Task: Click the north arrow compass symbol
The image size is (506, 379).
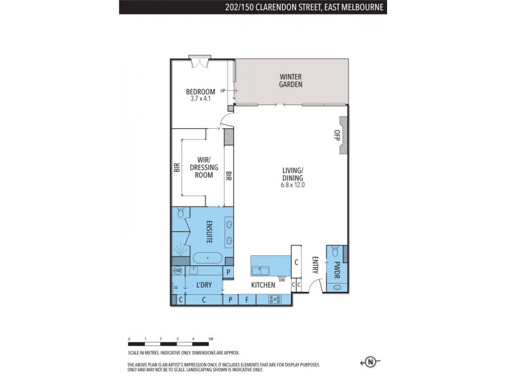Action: tap(371, 362)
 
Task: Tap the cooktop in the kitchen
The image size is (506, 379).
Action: tap(275, 299)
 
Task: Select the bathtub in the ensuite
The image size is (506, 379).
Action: tap(207, 258)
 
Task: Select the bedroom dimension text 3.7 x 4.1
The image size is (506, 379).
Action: tap(199, 99)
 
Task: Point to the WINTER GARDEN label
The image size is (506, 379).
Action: tap(291, 81)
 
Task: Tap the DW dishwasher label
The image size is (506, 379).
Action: tap(281, 279)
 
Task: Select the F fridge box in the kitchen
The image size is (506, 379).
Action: tap(247, 299)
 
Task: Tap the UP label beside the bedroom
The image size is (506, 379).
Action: tap(223, 91)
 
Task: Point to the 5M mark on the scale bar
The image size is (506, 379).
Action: tap(211, 339)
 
